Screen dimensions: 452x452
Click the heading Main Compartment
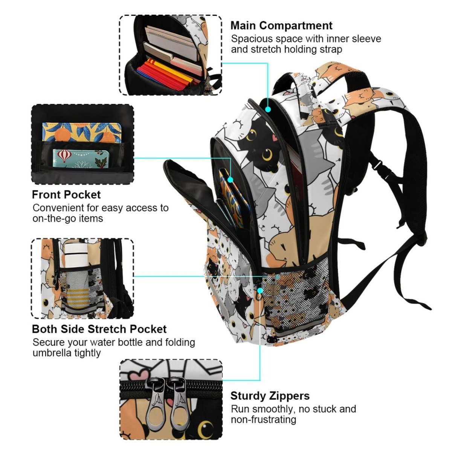(x=281, y=26)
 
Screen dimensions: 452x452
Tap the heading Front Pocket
(x=66, y=195)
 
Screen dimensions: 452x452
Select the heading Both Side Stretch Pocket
(x=99, y=329)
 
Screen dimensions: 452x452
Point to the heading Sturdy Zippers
(x=270, y=396)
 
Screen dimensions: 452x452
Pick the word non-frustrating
(x=264, y=419)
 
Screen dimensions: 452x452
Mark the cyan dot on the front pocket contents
(x=231, y=180)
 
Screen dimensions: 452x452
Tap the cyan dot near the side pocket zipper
(x=260, y=290)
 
